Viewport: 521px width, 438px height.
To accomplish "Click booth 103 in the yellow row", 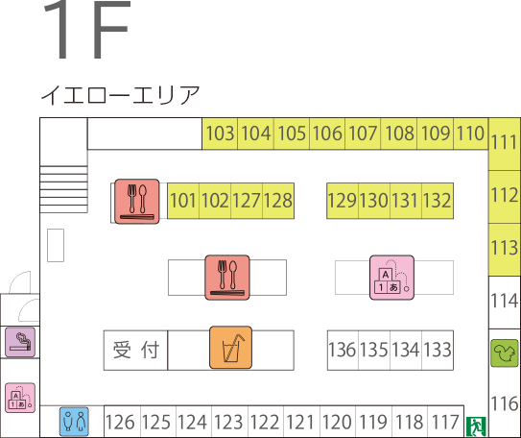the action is (220, 134).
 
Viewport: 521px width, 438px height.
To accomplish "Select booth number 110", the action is (470, 134).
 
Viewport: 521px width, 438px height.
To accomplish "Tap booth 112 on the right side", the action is (505, 197).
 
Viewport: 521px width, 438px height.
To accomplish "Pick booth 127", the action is (247, 201).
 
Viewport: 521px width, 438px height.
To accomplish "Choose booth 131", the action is (406, 201).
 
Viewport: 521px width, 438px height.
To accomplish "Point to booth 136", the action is (343, 351).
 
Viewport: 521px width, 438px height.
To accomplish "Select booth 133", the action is (438, 351).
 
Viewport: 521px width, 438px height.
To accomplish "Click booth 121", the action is (301, 422).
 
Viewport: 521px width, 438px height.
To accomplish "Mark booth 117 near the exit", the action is (446, 422).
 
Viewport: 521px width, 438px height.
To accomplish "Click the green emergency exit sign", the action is (476, 426).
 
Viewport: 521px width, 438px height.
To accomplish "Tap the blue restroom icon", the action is (74, 422).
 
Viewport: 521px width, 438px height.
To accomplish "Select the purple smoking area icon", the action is (20, 342).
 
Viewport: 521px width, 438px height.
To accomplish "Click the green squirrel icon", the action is (505, 353).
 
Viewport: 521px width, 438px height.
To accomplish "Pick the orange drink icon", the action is (230, 348).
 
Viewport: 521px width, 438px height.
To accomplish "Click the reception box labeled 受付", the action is (135, 351).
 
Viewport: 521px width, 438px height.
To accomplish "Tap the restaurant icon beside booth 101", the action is (137, 202).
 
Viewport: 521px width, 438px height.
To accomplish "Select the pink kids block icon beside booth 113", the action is (391, 278).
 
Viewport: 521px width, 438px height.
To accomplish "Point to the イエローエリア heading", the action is (120, 95).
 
